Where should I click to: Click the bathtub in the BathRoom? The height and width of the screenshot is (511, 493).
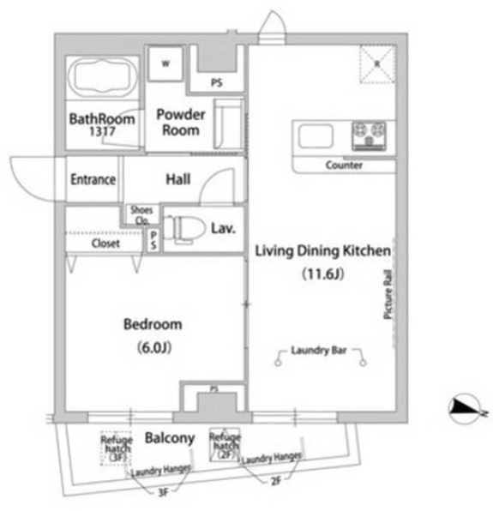(102, 79)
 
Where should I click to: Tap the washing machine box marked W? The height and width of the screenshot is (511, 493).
(165, 63)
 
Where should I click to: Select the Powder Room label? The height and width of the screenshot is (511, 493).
(180, 123)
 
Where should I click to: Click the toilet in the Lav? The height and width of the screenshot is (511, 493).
(185, 229)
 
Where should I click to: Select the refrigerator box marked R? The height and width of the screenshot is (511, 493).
(375, 62)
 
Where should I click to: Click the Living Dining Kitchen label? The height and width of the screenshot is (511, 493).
(323, 251)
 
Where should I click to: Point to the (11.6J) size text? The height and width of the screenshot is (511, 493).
(322, 274)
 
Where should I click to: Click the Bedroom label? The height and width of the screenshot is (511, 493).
(153, 324)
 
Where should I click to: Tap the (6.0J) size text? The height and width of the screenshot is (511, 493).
(153, 347)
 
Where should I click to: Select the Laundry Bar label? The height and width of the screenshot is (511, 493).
(321, 351)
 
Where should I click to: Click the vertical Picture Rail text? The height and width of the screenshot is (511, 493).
(388, 292)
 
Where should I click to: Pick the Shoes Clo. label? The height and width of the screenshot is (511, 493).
(141, 214)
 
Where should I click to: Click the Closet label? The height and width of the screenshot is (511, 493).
(105, 243)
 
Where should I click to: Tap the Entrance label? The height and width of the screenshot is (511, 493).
(93, 179)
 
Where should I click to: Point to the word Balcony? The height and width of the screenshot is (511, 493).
(170, 438)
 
